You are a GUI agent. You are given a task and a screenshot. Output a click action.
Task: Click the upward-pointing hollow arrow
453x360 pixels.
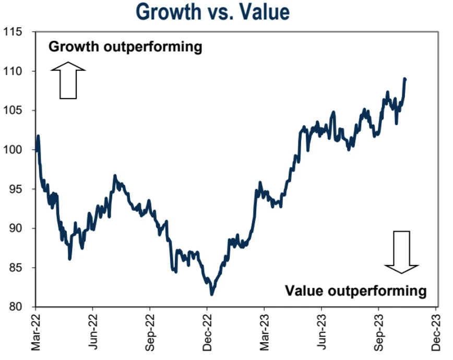click(x=68, y=80)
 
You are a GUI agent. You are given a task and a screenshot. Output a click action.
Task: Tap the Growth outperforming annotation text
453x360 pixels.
click(x=125, y=47)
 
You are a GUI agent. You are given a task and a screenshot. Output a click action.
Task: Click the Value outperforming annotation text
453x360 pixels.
click(x=356, y=290)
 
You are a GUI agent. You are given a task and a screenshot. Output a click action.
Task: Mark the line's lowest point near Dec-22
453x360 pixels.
click(x=212, y=294)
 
